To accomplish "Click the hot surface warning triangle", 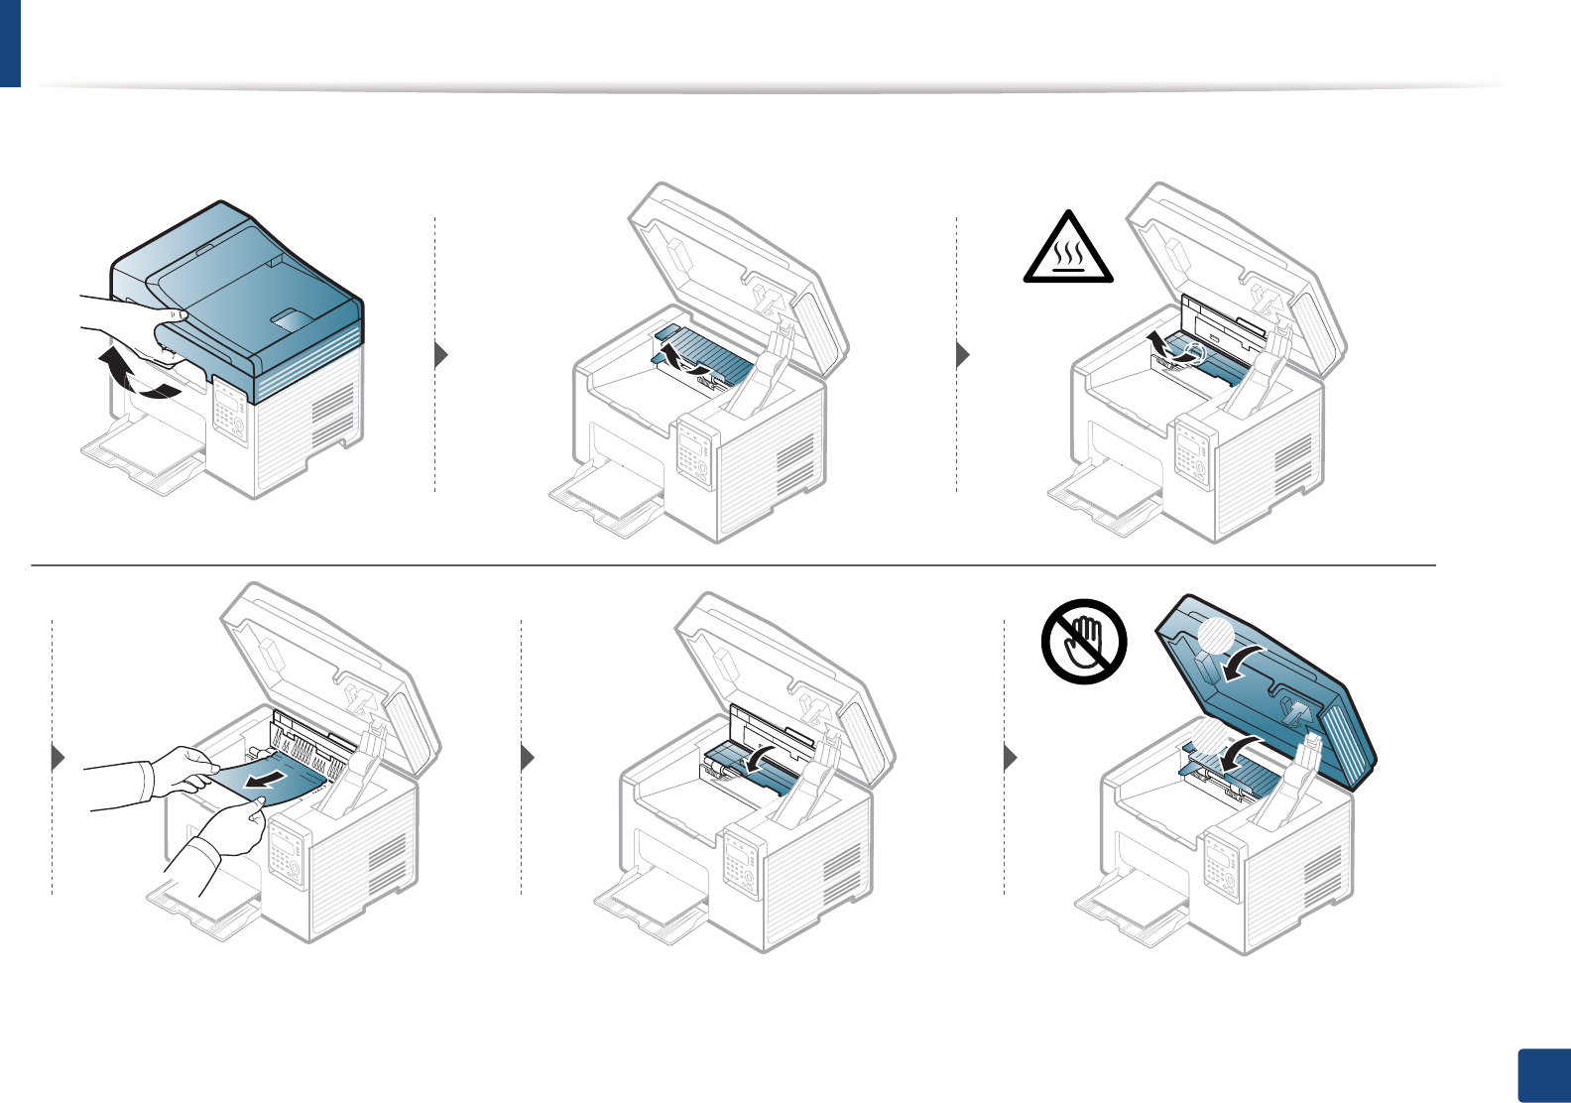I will coord(1067,248).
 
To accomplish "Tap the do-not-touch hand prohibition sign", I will coord(1084,641).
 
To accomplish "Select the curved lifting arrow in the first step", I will coord(135,378).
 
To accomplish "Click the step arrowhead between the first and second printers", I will coord(442,354).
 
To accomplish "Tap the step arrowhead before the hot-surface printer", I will coord(962,354).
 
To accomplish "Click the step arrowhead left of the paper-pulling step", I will coord(59,758).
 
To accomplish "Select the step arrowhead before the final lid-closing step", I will coord(1011,758).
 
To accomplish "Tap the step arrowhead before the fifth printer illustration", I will coord(528,758).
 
